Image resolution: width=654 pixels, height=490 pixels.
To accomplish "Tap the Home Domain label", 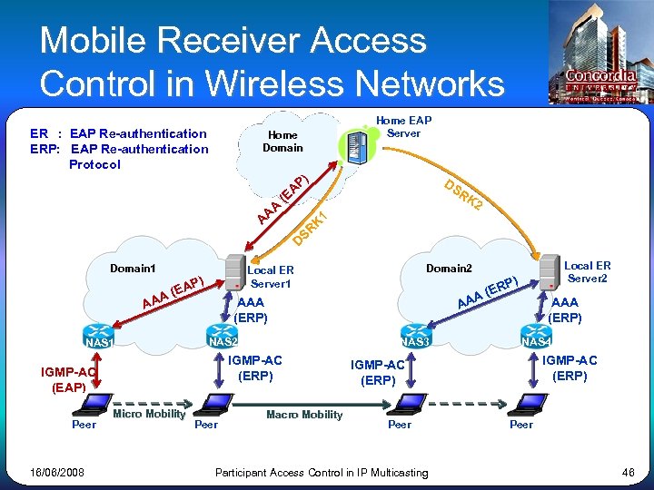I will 282,142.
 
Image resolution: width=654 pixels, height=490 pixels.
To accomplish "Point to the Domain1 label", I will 133,269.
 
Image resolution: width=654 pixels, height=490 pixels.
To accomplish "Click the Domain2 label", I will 450,269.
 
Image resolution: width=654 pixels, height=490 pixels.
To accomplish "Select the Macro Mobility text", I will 304,415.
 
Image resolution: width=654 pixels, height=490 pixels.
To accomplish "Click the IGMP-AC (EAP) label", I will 69,379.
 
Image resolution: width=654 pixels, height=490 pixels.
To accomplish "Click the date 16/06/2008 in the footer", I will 57,473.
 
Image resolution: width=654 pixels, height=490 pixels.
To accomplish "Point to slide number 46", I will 628,473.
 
